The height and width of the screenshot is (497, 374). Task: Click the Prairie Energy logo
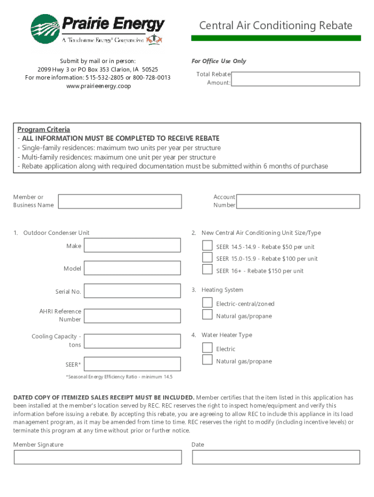coord(97,29)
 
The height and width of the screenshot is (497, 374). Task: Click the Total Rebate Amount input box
coord(295,79)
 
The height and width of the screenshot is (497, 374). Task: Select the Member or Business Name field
coord(119,201)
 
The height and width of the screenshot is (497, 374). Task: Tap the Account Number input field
coord(298,201)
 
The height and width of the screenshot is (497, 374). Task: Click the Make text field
coord(133,246)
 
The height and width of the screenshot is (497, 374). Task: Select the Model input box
coord(133,268)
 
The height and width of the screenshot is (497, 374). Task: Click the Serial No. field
coord(133,291)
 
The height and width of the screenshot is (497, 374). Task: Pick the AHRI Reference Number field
coord(133,315)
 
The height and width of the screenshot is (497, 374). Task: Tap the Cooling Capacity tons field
coord(133,340)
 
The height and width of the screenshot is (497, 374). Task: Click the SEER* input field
coord(133,364)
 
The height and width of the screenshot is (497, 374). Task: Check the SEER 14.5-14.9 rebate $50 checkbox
coord(207,246)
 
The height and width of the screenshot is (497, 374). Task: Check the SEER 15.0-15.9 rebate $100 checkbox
coord(207,257)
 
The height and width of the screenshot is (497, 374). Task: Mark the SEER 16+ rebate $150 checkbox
coord(207,269)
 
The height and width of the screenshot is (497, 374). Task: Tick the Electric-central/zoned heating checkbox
coord(207,302)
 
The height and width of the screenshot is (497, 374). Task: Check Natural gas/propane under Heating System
coord(207,315)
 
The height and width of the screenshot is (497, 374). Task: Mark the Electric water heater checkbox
coord(207,348)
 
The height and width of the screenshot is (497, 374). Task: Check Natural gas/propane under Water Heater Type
coord(207,360)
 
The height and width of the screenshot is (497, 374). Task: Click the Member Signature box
coord(98,457)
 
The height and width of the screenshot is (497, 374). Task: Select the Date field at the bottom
coord(276,457)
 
